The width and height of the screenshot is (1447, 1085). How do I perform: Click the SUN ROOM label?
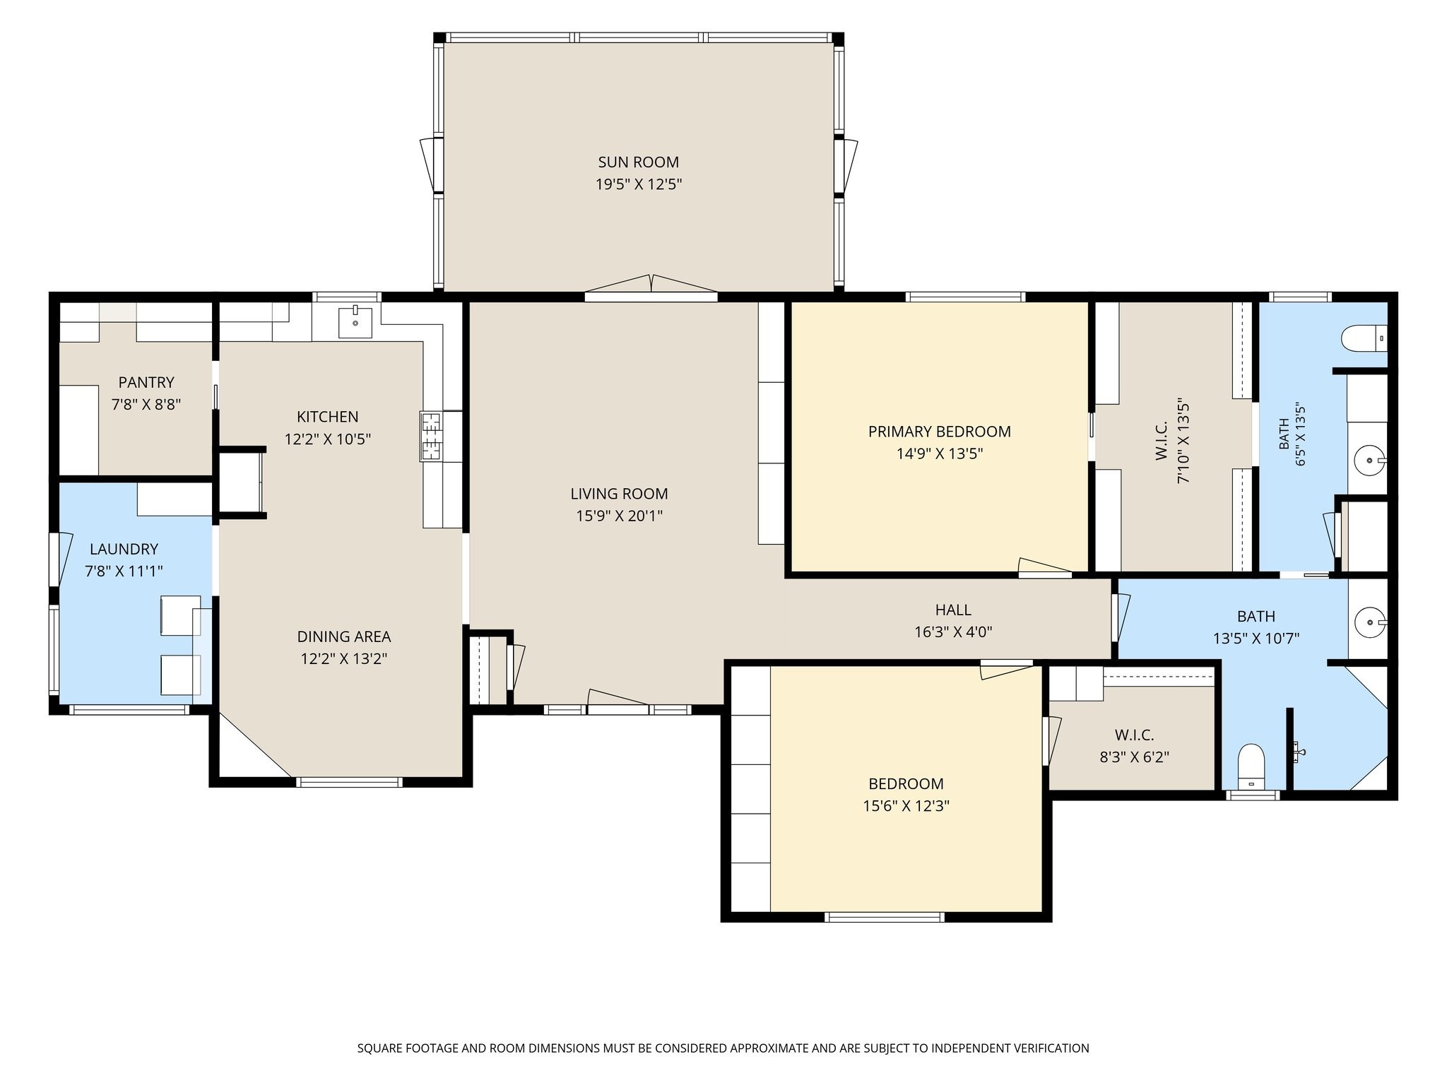[638, 162]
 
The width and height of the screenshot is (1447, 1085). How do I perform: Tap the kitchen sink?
[355, 322]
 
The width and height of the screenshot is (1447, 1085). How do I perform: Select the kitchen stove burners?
[431, 437]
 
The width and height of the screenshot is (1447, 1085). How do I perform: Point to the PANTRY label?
[146, 382]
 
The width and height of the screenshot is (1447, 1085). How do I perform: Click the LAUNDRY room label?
[124, 549]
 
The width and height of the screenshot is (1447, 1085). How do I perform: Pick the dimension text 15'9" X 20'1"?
[619, 516]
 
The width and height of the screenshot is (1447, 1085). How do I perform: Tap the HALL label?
[953, 610]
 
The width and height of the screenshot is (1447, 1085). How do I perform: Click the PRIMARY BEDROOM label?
[939, 431]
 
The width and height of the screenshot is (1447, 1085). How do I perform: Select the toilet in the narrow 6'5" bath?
[1364, 338]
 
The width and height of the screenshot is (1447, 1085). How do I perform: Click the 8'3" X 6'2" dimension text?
[1134, 757]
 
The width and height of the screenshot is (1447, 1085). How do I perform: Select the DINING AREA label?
[343, 636]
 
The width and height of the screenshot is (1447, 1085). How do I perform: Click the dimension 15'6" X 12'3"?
[906, 806]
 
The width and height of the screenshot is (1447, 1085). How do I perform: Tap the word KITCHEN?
[327, 417]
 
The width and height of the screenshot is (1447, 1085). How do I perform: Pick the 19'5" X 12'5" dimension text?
[638, 184]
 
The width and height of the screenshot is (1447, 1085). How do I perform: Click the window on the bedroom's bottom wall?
[885, 918]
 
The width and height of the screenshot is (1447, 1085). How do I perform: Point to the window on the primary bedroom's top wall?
[965, 297]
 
